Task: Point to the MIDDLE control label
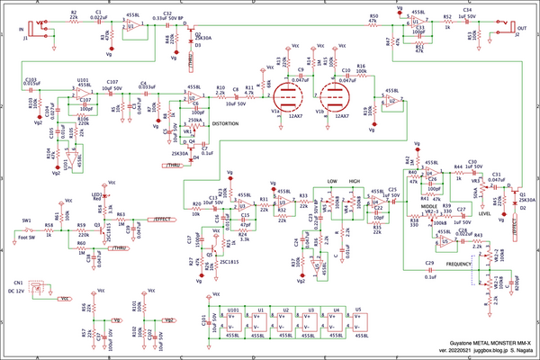tap(416, 205)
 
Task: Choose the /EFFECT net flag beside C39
tap(163, 219)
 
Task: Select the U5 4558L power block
tap(361, 321)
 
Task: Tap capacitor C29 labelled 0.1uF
tap(430, 268)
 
